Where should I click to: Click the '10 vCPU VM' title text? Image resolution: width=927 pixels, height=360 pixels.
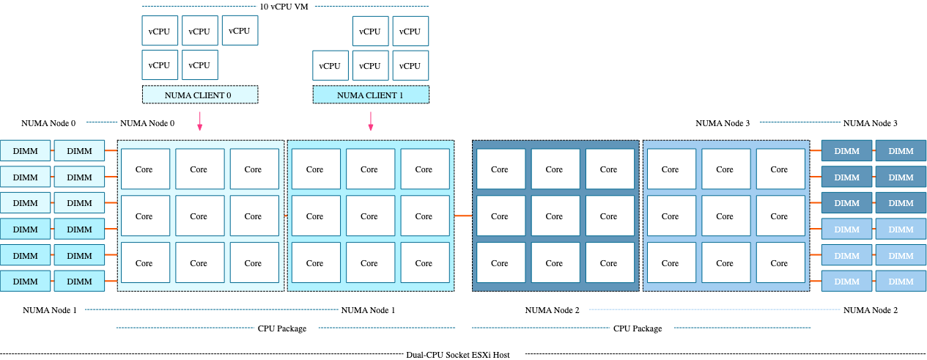tap(284, 6)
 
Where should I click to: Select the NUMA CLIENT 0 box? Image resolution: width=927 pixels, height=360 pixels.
tap(200, 95)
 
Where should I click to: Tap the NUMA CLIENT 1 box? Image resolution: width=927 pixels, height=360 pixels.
tap(370, 95)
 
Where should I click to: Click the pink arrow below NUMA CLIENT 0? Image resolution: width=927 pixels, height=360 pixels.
tap(199, 122)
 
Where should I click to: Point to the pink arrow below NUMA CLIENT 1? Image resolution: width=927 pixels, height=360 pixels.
tap(371, 122)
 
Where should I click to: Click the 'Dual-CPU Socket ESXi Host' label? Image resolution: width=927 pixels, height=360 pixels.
tap(457, 354)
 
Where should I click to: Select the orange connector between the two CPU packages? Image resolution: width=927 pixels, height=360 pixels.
tap(462, 216)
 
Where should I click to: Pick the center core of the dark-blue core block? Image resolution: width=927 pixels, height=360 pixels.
tap(554, 216)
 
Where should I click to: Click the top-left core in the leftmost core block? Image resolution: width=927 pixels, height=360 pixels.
tap(144, 169)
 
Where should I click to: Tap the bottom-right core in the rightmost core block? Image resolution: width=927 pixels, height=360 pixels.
tap(779, 263)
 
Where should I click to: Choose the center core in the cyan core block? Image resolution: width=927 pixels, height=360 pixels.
tap(369, 216)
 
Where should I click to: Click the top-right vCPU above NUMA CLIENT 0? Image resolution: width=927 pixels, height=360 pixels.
tap(240, 31)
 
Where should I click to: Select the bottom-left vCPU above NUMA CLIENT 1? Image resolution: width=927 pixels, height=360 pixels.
tap(330, 66)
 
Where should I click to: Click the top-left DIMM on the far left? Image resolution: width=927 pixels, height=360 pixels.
tap(26, 151)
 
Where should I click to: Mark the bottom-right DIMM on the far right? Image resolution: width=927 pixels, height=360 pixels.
tap(901, 282)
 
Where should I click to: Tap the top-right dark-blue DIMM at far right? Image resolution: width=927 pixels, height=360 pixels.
tap(901, 151)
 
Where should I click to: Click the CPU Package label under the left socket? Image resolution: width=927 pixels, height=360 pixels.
tap(282, 328)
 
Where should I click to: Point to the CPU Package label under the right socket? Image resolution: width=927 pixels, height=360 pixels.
tap(638, 328)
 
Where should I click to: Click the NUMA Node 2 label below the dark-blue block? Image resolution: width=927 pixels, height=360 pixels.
tap(552, 310)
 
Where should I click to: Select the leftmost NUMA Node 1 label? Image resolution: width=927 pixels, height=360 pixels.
tap(49, 310)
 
